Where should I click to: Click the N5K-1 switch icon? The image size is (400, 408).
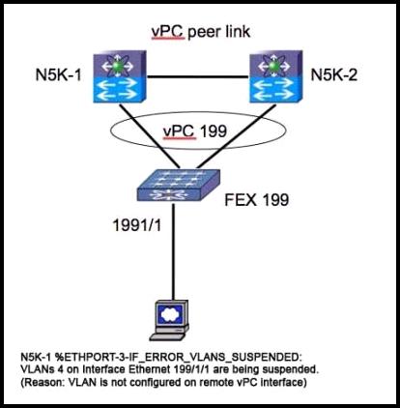120,76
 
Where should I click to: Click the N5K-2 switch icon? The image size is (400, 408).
276,76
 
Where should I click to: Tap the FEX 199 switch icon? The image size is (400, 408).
179,186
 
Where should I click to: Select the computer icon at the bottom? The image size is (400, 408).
170,320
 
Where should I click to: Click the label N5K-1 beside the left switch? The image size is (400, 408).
58,75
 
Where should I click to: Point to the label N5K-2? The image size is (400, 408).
334,75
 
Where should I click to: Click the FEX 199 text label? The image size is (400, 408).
256,200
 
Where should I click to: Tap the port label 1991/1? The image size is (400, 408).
137,225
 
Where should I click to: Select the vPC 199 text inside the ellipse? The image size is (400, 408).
195,131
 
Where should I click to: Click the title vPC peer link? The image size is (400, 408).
201,32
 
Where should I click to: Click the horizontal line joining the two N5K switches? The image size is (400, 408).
198,77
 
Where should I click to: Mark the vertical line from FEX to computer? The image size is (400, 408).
174,251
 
